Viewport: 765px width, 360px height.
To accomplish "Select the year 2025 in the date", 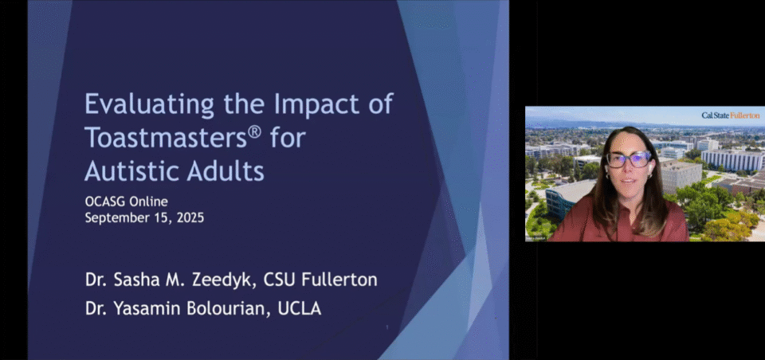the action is [190, 217].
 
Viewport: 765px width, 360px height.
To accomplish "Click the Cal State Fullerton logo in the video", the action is [731, 115].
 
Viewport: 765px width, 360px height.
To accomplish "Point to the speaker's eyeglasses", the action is [629, 159].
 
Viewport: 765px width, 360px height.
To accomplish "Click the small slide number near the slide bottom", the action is [387, 327].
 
